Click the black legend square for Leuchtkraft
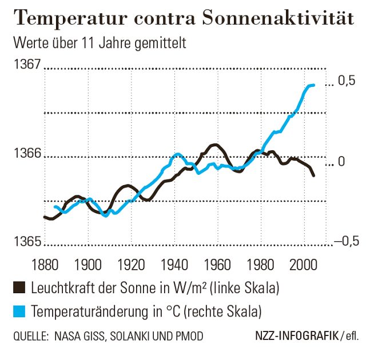pos(20,288)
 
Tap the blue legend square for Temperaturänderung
pos(20,311)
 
